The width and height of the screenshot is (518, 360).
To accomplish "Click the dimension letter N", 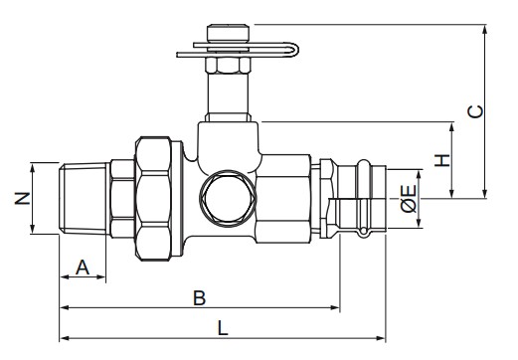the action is [x=23, y=198].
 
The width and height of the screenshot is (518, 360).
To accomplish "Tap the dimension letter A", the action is [x=83, y=268].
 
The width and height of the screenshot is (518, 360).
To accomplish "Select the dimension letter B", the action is [x=199, y=297].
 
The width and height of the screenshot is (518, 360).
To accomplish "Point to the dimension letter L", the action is [x=223, y=328].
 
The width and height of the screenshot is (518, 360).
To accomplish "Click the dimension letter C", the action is [x=475, y=111].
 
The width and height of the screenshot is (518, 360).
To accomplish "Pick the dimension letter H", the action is [x=442, y=160].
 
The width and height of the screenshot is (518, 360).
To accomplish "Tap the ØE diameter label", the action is [x=409, y=198].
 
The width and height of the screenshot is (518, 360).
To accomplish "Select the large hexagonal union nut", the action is [x=153, y=198].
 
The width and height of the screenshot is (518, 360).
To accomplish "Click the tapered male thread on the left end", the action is [x=84, y=198].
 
